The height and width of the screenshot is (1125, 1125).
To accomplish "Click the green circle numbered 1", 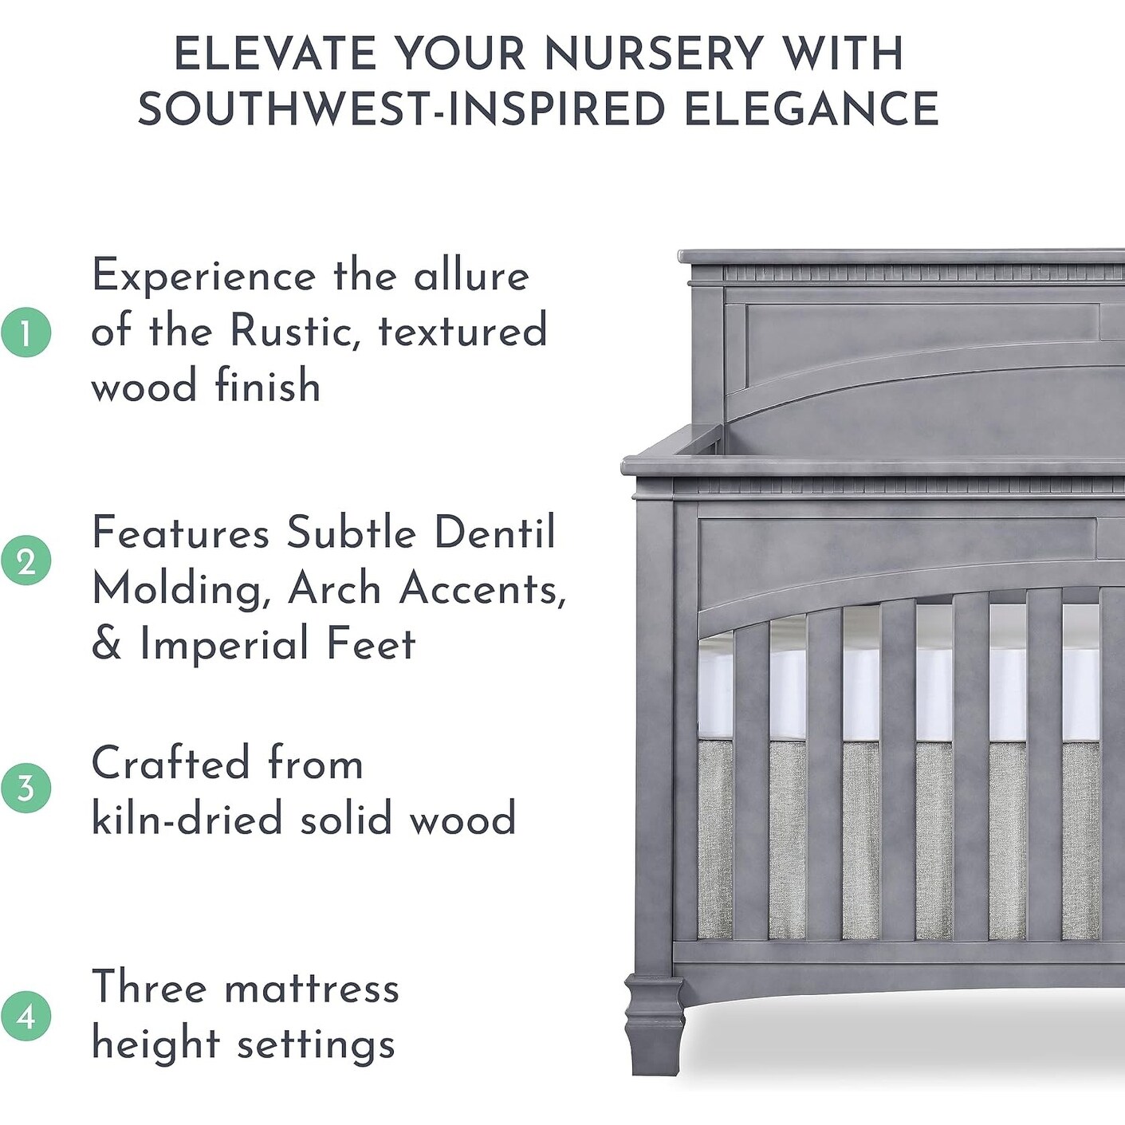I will point(26,332).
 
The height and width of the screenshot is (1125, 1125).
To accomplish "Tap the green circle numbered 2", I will point(26,561).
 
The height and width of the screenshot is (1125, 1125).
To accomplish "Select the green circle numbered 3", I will point(26,788).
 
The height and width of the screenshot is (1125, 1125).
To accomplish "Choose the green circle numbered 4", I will point(26,1017).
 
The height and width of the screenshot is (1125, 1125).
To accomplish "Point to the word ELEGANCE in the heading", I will point(811,109).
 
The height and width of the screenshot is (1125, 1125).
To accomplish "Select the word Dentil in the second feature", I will point(494,533).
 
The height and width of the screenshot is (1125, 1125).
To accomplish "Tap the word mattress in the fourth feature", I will point(312,989).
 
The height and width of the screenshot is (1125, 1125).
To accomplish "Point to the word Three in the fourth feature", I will point(149,988).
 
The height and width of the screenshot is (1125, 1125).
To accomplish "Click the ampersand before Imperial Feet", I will point(106,644).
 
